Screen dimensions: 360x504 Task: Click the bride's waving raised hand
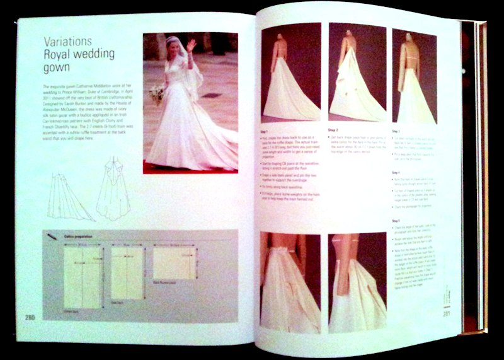[192, 45]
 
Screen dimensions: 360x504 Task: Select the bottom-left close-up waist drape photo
[290, 281]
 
